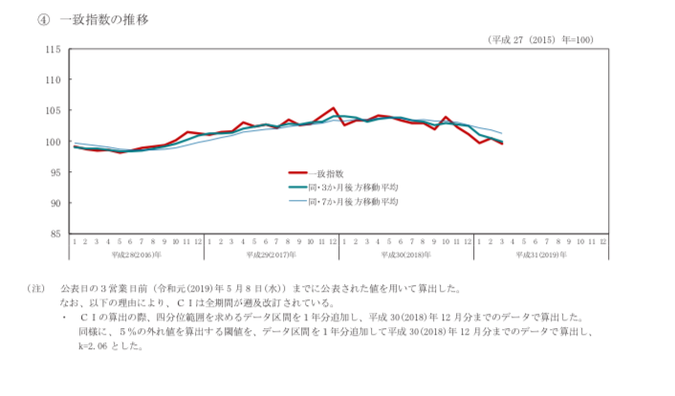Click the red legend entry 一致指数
[329, 173]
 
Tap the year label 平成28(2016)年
[137, 255]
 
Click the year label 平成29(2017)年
[272, 255]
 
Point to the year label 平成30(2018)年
[406, 255]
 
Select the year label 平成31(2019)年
[541, 255]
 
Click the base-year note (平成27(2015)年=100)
[540, 39]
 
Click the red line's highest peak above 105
[333, 108]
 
